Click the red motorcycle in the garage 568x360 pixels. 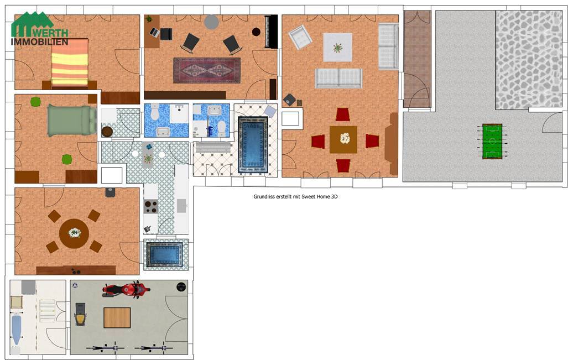126,290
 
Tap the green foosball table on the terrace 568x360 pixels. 492,142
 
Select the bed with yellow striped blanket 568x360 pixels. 70,64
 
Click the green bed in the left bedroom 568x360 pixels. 72,121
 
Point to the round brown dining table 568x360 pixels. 74,233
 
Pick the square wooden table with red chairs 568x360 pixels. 343,139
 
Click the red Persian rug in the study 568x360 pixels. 207,70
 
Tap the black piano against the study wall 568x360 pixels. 271,32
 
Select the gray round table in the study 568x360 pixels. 212,22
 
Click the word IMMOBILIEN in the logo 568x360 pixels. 39,41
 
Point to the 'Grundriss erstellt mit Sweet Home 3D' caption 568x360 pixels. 295,197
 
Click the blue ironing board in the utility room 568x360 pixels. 16,330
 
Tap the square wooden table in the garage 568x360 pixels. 117,317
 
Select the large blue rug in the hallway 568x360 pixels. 253,144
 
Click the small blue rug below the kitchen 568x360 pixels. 164,254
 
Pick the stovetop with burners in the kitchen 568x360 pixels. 150,206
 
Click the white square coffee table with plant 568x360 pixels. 337,48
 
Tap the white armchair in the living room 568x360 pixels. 300,36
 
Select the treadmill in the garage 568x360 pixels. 80,314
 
